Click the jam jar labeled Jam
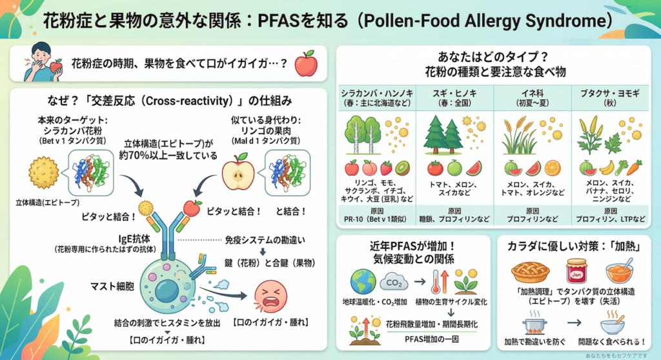pyautogui.click(x=576, y=271)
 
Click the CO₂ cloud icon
pyautogui.click(x=393, y=282)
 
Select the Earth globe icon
pyautogui.click(x=361, y=282)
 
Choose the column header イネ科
pyautogui.click(x=533, y=94)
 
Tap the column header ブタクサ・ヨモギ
pyautogui.click(x=609, y=94)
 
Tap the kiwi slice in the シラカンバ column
pyautogui.click(x=402, y=168)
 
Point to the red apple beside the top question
pyautogui.click(x=305, y=65)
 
